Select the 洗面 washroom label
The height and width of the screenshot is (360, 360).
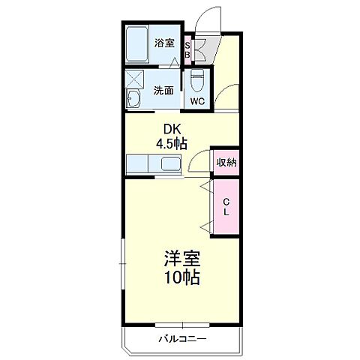tap(163, 90)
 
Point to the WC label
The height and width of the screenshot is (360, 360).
tap(197, 101)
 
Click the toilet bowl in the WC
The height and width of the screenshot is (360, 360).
tap(197, 79)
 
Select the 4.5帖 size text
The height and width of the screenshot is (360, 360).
tap(171, 143)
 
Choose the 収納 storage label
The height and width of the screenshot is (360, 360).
tap(226, 162)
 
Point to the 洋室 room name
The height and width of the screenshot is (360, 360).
tap(181, 259)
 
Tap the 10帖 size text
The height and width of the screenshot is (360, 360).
tap(181, 277)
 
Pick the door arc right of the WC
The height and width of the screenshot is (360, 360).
tap(224, 96)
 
